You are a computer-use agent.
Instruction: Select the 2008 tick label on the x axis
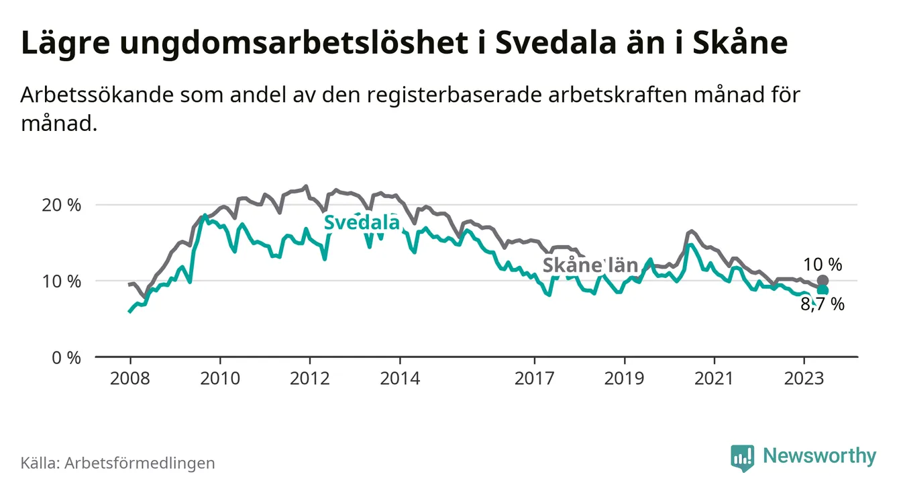click(x=130, y=378)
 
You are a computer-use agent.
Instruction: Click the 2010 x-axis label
click(x=220, y=378)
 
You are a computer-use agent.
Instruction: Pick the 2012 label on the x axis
click(x=310, y=378)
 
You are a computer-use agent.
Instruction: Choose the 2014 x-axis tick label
click(x=400, y=378)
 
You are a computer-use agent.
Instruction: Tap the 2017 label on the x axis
click(x=535, y=378)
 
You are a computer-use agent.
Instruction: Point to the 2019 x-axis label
click(x=625, y=378)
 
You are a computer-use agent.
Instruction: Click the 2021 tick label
click(x=715, y=378)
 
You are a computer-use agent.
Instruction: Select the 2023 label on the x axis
click(x=804, y=378)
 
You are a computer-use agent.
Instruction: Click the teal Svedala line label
click(x=362, y=223)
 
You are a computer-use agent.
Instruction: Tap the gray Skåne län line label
click(x=590, y=265)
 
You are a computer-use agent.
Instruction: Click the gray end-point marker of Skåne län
click(x=823, y=281)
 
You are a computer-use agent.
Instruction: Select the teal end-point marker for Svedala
click(x=823, y=290)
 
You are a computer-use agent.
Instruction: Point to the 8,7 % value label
click(x=823, y=305)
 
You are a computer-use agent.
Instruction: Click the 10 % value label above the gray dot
click(x=823, y=264)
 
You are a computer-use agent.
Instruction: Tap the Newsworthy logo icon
click(x=742, y=457)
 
